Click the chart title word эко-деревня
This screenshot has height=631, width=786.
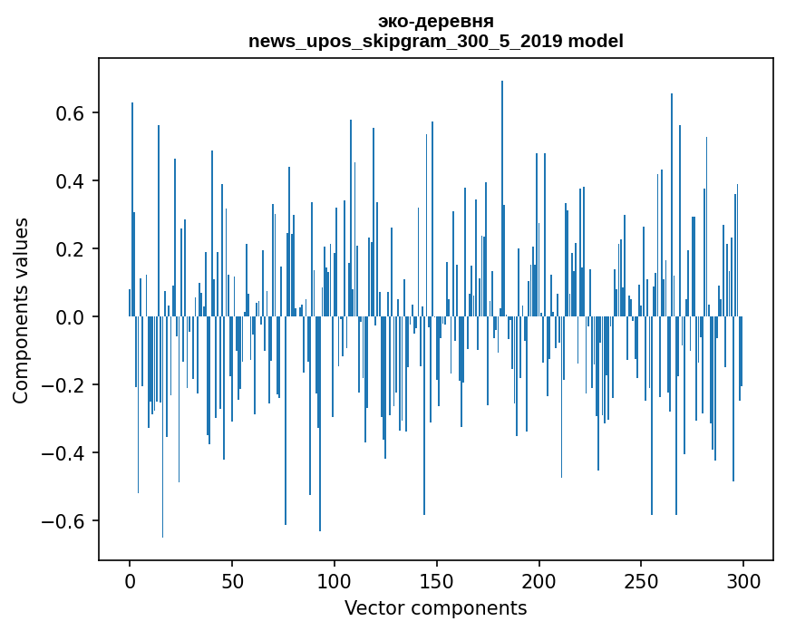tap(436, 22)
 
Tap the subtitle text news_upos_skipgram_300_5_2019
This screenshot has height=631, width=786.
tap(405, 41)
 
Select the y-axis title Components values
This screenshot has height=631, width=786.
tap(21, 310)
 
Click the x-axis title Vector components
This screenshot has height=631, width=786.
tap(435, 607)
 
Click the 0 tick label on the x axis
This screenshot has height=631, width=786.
tap(130, 580)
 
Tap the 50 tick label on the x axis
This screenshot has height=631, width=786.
tap(232, 580)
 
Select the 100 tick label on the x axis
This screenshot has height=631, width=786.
tap(335, 580)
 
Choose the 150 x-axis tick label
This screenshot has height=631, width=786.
tap(437, 580)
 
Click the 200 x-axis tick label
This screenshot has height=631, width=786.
tap(539, 580)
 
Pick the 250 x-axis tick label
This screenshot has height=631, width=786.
tap(642, 580)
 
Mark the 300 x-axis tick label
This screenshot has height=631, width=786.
tap(744, 580)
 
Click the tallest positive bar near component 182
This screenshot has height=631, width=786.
tap(502, 199)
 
